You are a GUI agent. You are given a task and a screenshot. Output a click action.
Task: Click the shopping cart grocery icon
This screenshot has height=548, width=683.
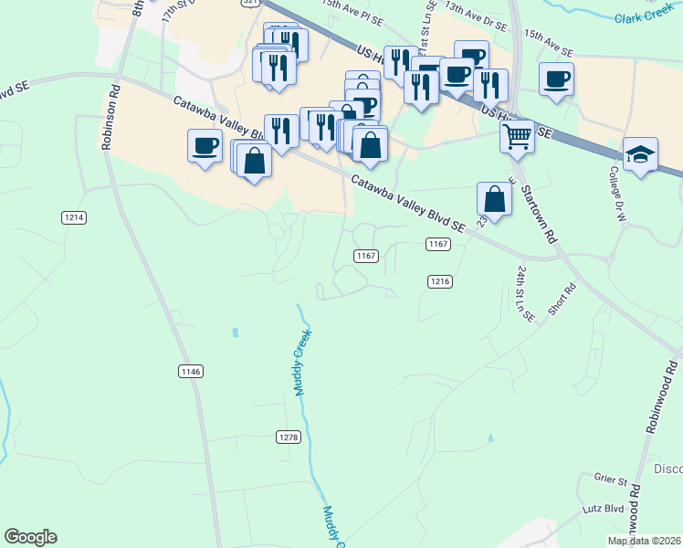pyautogui.click(x=517, y=137)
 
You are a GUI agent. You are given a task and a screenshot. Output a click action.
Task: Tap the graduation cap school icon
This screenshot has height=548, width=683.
pyautogui.click(x=640, y=155)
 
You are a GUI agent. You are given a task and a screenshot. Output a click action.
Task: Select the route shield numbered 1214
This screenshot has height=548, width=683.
pyautogui.click(x=75, y=217)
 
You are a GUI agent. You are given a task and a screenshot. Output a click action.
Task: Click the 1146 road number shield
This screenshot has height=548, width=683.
pyautogui.click(x=191, y=371)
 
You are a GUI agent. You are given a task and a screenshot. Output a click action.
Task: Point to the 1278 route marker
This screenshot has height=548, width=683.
pyautogui.click(x=288, y=437)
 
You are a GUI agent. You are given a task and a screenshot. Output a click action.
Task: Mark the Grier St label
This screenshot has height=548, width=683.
pyautogui.click(x=611, y=479)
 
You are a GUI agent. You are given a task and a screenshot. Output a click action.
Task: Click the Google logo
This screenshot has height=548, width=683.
pyautogui.click(x=30, y=537)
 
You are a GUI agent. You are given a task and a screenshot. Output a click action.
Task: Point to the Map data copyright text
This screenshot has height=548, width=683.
pyautogui.click(x=644, y=541)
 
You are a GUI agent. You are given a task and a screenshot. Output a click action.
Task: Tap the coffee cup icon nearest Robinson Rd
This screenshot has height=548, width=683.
pyautogui.click(x=205, y=145)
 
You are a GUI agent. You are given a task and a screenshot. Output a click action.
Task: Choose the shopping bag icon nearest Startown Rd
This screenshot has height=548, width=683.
pyautogui.click(x=494, y=200)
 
